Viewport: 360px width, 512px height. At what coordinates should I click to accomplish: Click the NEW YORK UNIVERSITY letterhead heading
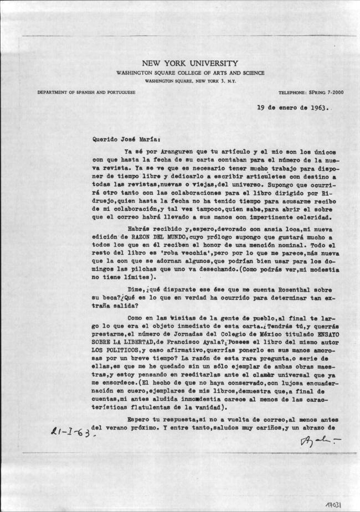pyautogui.click(x=190, y=64)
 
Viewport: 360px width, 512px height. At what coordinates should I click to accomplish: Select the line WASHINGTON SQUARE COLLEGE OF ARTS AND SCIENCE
pyautogui.click(x=190, y=73)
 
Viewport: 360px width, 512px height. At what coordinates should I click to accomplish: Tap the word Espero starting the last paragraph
pyautogui.click(x=139, y=419)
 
